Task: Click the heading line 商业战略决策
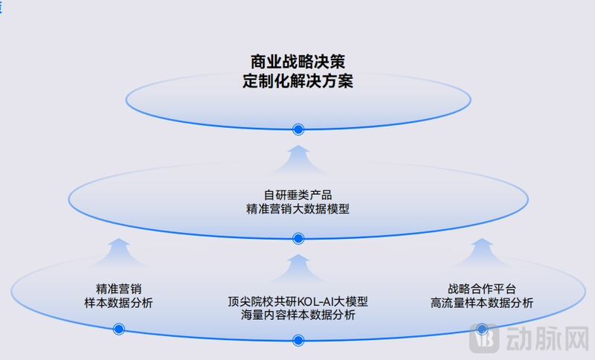297,62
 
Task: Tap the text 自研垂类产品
297,196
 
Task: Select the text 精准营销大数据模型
297,210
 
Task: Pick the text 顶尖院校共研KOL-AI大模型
297,302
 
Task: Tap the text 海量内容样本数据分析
297,315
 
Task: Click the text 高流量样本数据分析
482,303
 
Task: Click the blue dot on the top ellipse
298,129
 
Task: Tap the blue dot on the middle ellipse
298,238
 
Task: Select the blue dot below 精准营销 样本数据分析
118,329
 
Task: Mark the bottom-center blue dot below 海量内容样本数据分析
298,341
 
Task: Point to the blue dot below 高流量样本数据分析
482,328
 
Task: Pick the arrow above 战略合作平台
482,254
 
